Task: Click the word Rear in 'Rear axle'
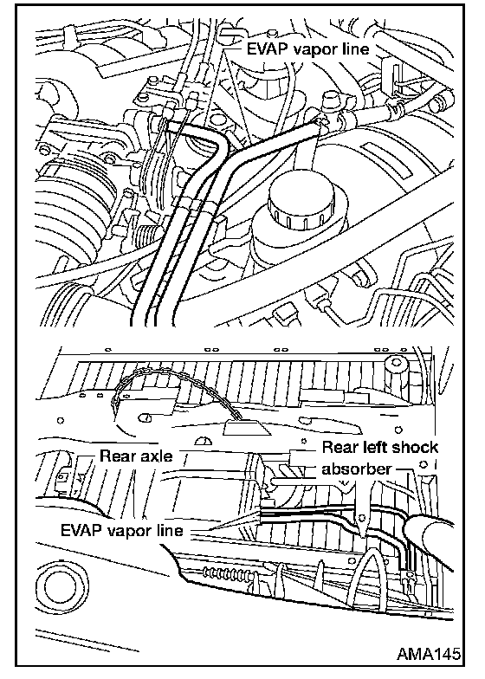(x=117, y=456)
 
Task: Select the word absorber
(x=356, y=469)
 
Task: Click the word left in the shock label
(x=372, y=447)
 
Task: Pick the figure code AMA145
(x=428, y=653)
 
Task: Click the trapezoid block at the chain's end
(x=244, y=427)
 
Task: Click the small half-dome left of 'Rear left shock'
(x=204, y=441)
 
